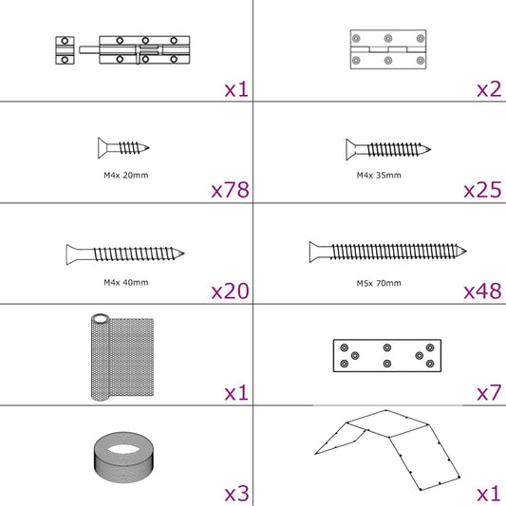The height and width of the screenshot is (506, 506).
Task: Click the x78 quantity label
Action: coord(230,190)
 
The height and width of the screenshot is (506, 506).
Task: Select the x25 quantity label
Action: coord(482,190)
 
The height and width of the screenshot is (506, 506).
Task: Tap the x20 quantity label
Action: coord(230,290)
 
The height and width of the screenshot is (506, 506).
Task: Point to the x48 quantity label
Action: coord(482,290)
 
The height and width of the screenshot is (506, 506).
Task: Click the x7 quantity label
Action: coord(489,392)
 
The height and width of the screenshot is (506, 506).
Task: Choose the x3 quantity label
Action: coord(236,494)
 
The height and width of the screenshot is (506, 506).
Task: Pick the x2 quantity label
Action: coord(489,89)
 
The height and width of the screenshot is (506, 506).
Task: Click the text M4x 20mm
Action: coord(126,175)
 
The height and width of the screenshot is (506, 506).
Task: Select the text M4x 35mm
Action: coord(379,175)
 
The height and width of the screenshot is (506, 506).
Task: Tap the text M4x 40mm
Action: coord(126,282)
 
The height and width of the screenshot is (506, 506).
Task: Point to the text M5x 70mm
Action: coord(379,282)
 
